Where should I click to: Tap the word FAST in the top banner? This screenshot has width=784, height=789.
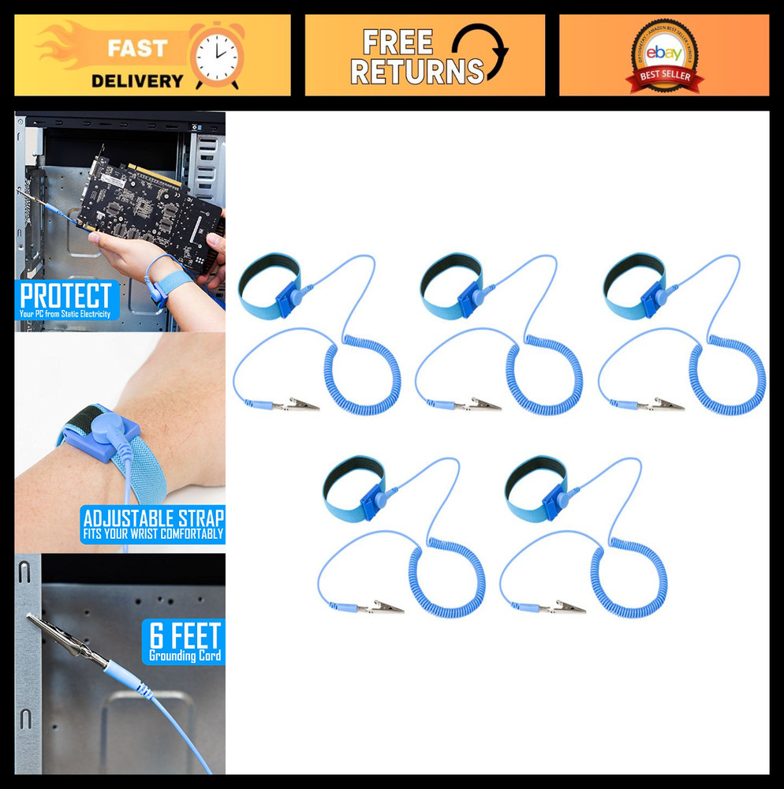pyautogui.click(x=137, y=47)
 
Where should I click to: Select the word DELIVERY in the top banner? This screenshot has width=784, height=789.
pyautogui.click(x=136, y=80)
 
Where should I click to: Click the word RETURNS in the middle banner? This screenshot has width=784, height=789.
pyautogui.click(x=416, y=72)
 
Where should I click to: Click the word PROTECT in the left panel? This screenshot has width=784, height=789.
pyautogui.click(x=66, y=296)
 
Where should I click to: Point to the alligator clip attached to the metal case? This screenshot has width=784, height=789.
pyautogui.click(x=67, y=638)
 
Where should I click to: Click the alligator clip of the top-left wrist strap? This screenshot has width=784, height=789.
pyautogui.click(x=302, y=405)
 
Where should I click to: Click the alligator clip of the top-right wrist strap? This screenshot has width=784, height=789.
pyautogui.click(x=666, y=405)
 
